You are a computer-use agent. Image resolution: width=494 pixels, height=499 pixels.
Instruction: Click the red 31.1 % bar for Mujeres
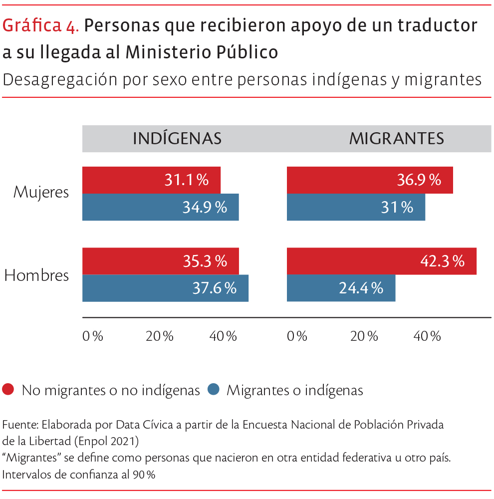151,180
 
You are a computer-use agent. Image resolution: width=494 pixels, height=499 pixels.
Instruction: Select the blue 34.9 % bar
160,207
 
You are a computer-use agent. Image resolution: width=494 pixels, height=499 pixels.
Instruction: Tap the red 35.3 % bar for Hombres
160,261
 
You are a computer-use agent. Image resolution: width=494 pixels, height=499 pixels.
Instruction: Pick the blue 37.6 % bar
165,288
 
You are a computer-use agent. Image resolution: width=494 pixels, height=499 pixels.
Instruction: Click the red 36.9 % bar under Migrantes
370,180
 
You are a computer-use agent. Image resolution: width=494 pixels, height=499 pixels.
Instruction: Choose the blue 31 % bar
356,207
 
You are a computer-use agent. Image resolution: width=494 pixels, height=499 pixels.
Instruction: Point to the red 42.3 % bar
381,261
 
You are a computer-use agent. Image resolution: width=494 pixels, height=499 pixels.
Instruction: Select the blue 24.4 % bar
341,288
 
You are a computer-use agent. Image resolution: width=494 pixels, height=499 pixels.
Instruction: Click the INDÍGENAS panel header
177,139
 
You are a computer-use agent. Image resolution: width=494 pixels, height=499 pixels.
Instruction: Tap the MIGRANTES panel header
396,139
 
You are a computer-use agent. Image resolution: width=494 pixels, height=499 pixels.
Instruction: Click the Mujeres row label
41,192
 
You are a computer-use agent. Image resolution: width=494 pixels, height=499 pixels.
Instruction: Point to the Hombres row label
36,275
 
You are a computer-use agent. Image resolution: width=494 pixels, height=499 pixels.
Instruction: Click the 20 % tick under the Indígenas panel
160,336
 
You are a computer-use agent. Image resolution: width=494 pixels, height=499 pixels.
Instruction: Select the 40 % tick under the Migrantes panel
427,336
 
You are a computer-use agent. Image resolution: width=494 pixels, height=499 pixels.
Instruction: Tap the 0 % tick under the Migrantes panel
297,336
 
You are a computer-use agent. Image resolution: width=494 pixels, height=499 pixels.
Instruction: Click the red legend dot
8,389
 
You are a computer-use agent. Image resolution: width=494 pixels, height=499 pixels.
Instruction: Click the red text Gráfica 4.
41,26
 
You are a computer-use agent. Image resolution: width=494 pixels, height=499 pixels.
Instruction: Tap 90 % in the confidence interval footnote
144,475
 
